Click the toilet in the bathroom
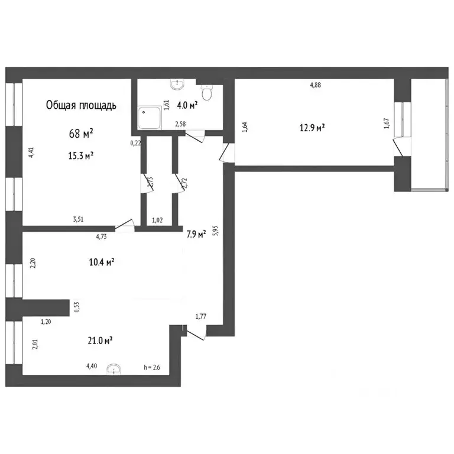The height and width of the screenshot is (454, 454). (207, 92)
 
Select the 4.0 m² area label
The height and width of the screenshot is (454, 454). (189, 106)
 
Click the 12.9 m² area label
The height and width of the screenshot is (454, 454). (313, 127)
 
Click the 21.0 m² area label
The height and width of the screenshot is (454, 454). (100, 340)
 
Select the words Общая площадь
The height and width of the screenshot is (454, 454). (82, 106)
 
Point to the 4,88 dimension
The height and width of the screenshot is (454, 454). (316, 85)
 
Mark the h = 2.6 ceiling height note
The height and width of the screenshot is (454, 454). (153, 368)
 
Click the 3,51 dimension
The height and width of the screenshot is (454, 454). (78, 219)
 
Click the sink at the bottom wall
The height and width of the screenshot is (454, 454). (113, 369)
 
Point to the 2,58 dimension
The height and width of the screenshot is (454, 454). (180, 124)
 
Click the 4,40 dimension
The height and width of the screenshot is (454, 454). (92, 367)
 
